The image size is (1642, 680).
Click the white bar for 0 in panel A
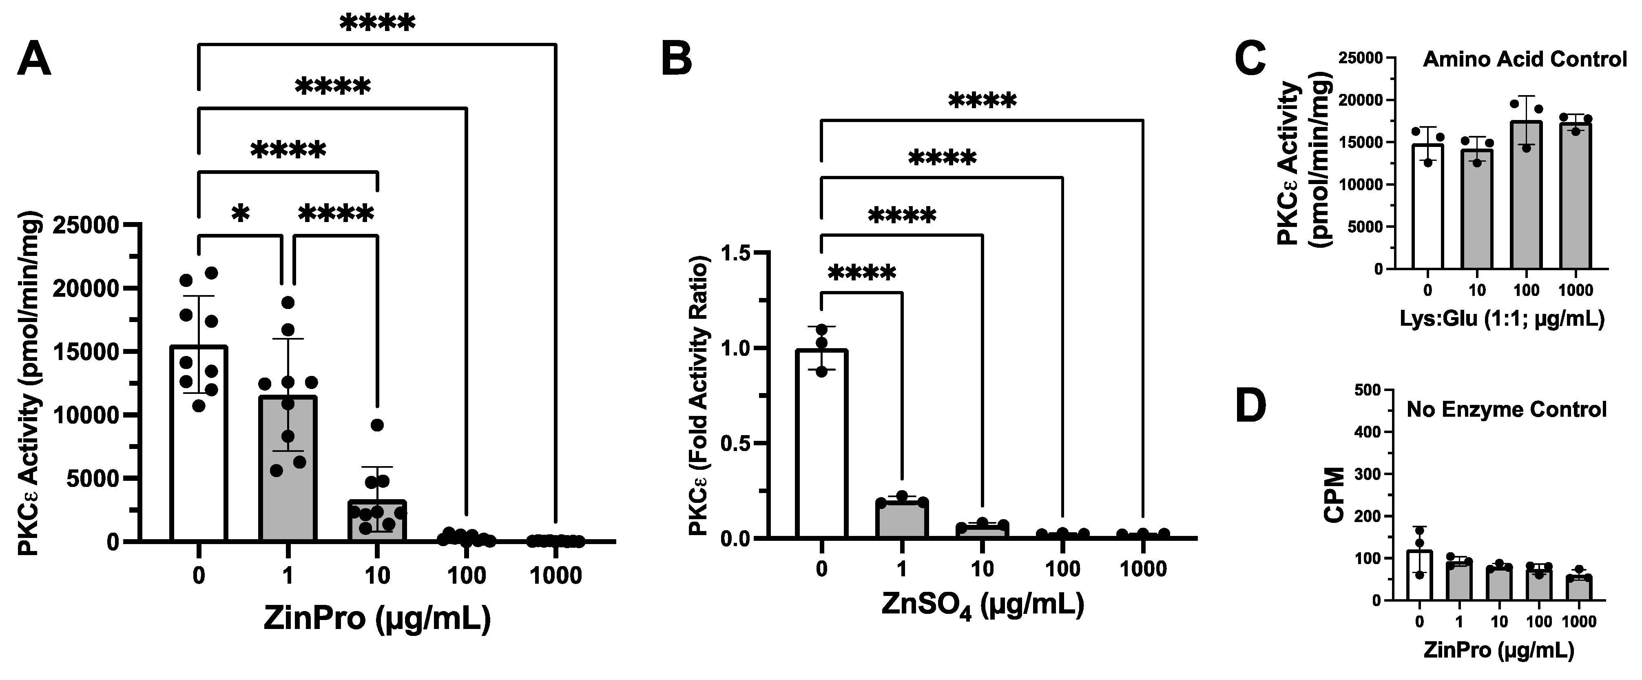198,447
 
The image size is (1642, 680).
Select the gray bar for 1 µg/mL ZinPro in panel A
288,472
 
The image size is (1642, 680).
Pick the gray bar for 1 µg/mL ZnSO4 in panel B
902,520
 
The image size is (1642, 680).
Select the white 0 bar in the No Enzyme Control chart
1419,577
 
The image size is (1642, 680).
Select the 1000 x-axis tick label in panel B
1143,569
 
